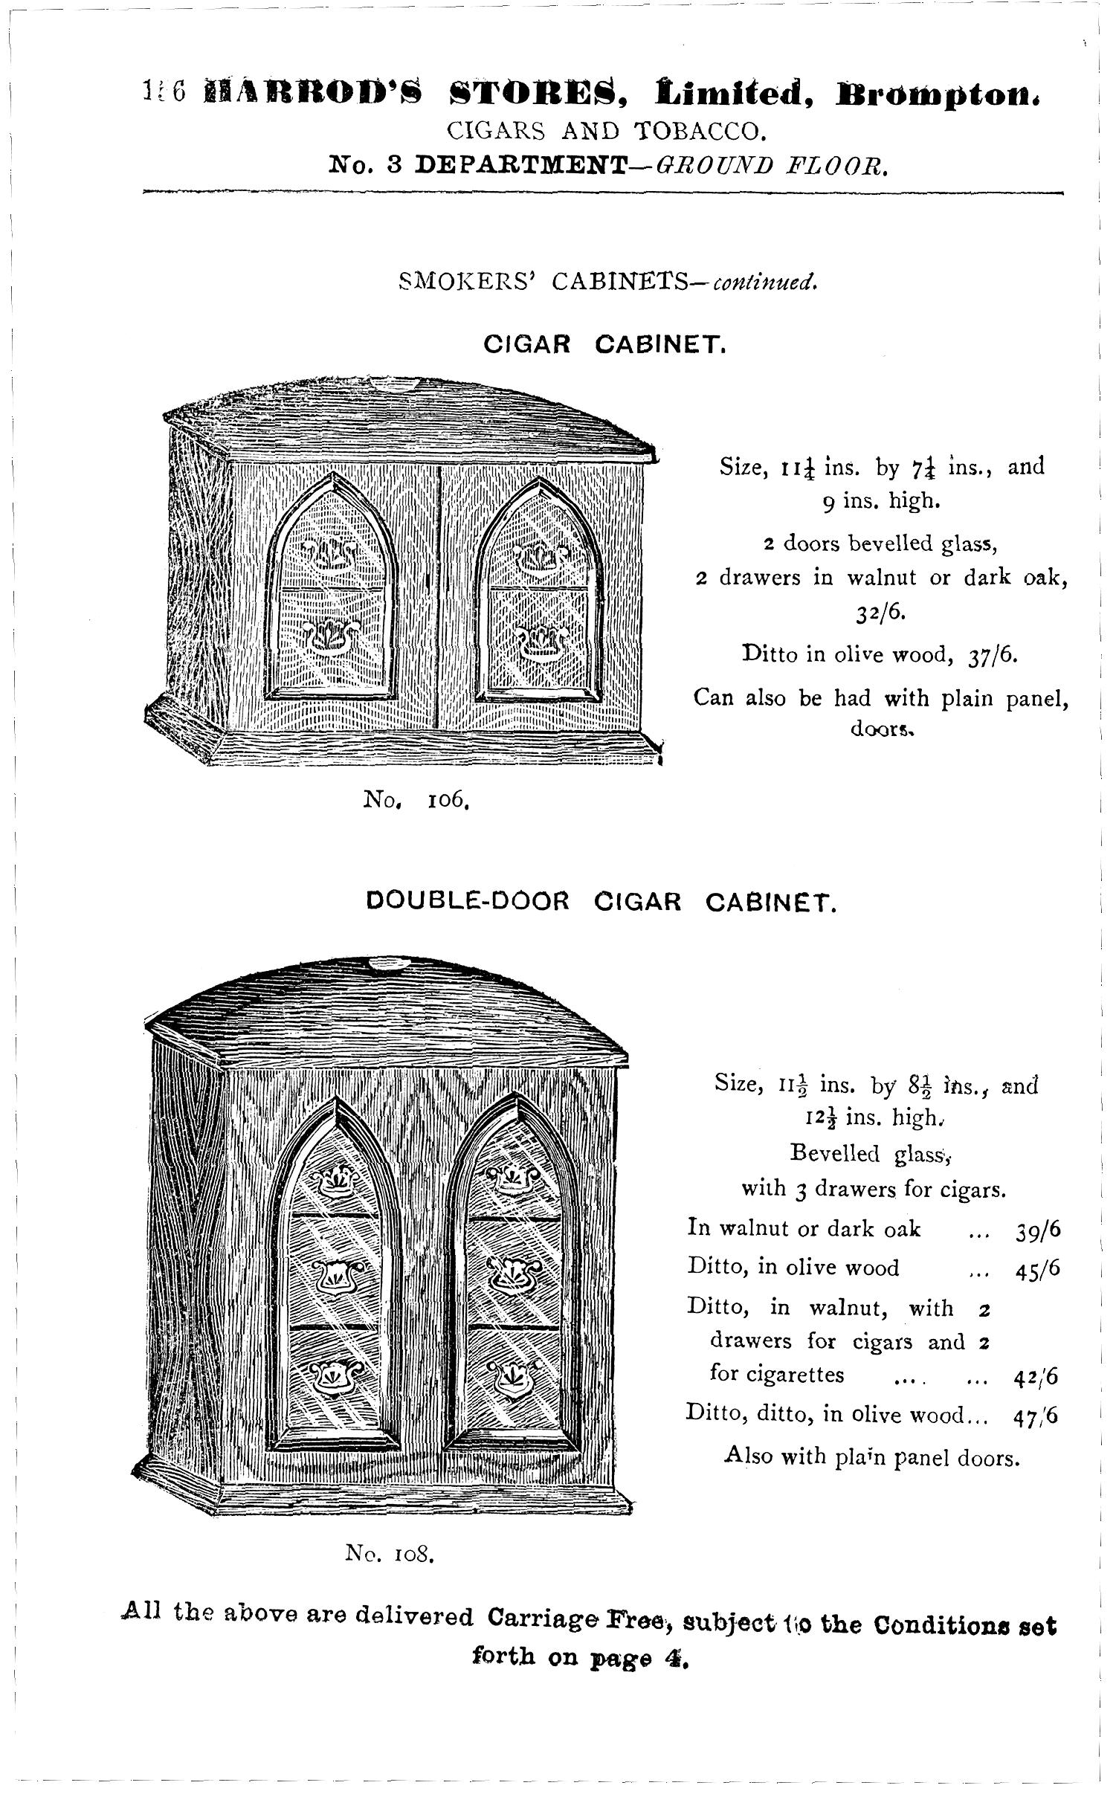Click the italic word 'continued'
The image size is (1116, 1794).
point(766,283)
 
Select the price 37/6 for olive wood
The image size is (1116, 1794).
point(993,655)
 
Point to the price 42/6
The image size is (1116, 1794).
point(1036,1377)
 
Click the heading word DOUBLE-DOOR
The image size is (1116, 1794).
point(468,901)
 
